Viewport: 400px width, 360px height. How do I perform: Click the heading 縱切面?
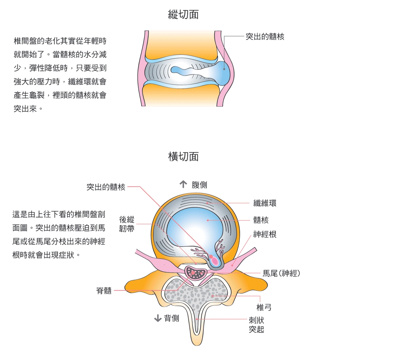click(183, 15)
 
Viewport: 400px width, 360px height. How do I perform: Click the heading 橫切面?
click(183, 157)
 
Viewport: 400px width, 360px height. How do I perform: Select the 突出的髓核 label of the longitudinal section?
click(265, 37)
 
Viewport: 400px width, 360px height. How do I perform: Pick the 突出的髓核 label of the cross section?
click(106, 187)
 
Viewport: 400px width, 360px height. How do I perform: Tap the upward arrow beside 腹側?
click(183, 184)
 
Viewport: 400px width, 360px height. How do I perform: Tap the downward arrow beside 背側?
click(157, 318)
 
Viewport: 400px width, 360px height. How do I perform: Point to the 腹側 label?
click(199, 185)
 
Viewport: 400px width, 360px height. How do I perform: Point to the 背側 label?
click(171, 318)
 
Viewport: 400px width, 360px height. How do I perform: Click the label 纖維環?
click(265, 203)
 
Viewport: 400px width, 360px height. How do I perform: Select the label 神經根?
click(265, 234)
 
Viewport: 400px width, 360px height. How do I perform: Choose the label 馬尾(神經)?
click(281, 273)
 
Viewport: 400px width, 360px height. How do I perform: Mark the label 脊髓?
click(104, 291)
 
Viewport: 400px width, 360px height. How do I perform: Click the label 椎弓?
click(264, 308)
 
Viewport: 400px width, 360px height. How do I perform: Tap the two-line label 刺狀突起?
click(256, 325)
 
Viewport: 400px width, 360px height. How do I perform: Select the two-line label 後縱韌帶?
click(127, 224)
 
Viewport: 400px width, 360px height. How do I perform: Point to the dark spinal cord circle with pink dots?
click(195, 272)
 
